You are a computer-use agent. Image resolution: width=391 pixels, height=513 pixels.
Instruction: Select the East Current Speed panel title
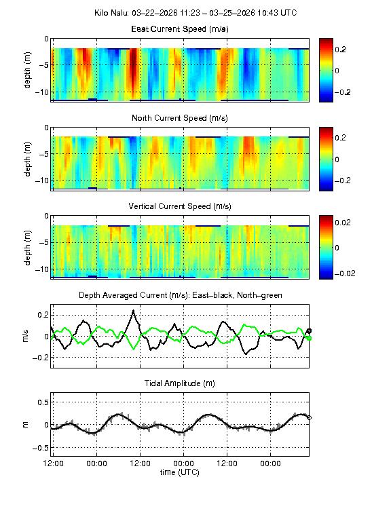(x=180, y=29)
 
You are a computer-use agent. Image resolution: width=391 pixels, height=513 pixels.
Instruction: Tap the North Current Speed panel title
(x=180, y=118)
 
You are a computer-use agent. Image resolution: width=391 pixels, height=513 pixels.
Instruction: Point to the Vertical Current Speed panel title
(x=180, y=206)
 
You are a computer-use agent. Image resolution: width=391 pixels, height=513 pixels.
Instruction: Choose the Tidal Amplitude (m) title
(x=180, y=383)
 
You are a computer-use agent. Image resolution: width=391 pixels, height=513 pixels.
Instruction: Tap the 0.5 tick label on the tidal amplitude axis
(x=41, y=402)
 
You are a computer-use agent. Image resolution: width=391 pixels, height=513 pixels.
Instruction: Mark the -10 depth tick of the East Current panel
(x=41, y=92)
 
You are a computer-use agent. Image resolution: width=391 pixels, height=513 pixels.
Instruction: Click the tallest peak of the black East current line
(x=134, y=311)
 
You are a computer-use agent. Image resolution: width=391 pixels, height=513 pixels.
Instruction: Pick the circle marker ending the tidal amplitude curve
(x=310, y=417)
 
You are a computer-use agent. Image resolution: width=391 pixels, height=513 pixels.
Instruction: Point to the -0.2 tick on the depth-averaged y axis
(x=40, y=358)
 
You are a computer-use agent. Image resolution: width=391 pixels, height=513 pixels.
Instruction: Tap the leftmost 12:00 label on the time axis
(x=54, y=463)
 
